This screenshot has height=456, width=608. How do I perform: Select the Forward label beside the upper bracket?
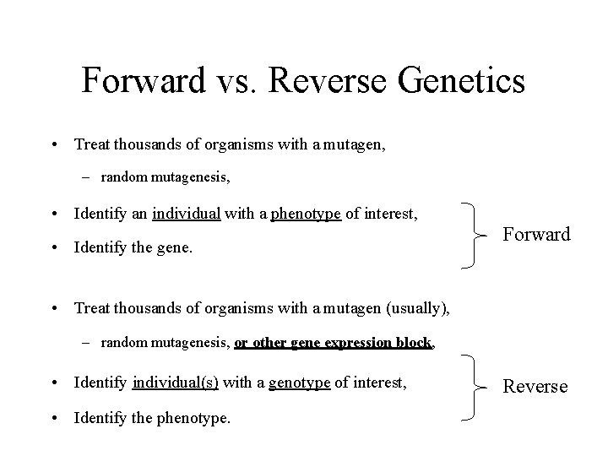tap(537, 234)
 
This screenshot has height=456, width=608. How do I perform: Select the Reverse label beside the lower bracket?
tap(535, 386)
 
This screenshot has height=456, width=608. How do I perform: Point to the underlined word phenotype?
tap(306, 214)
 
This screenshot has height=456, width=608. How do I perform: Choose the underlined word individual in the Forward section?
tap(187, 214)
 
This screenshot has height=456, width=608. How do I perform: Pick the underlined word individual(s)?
tap(176, 383)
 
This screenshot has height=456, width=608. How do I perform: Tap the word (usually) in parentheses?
tap(417, 308)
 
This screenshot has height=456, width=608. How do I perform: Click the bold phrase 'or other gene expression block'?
tap(334, 342)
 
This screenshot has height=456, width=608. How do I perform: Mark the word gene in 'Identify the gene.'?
tap(187, 247)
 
